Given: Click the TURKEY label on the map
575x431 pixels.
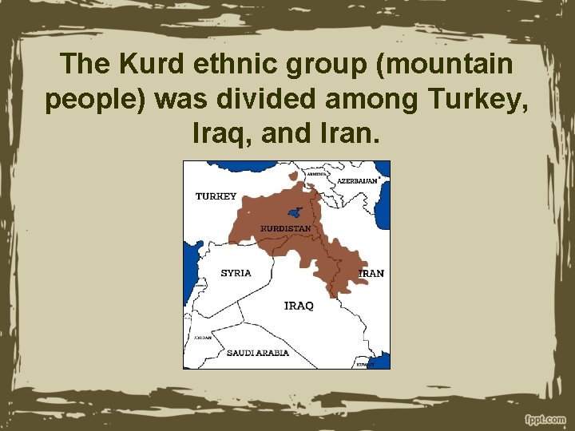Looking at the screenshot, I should (x=216, y=196).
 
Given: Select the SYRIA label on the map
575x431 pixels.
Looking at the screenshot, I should (x=236, y=273).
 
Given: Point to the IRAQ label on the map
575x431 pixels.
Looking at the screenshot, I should (x=299, y=306).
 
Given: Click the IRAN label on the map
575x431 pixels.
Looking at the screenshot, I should (x=372, y=274).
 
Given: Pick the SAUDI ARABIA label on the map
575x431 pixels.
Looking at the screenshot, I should (x=257, y=352).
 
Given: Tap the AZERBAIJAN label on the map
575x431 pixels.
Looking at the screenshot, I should (x=357, y=181).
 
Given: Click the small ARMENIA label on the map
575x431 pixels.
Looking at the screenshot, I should (x=315, y=173).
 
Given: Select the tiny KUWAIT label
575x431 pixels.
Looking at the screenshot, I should (x=365, y=364).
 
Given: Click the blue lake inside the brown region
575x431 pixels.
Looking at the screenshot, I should (x=294, y=212).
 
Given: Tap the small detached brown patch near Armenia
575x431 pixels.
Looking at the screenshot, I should (x=294, y=175).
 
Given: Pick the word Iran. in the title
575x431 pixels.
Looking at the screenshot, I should (x=352, y=132).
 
